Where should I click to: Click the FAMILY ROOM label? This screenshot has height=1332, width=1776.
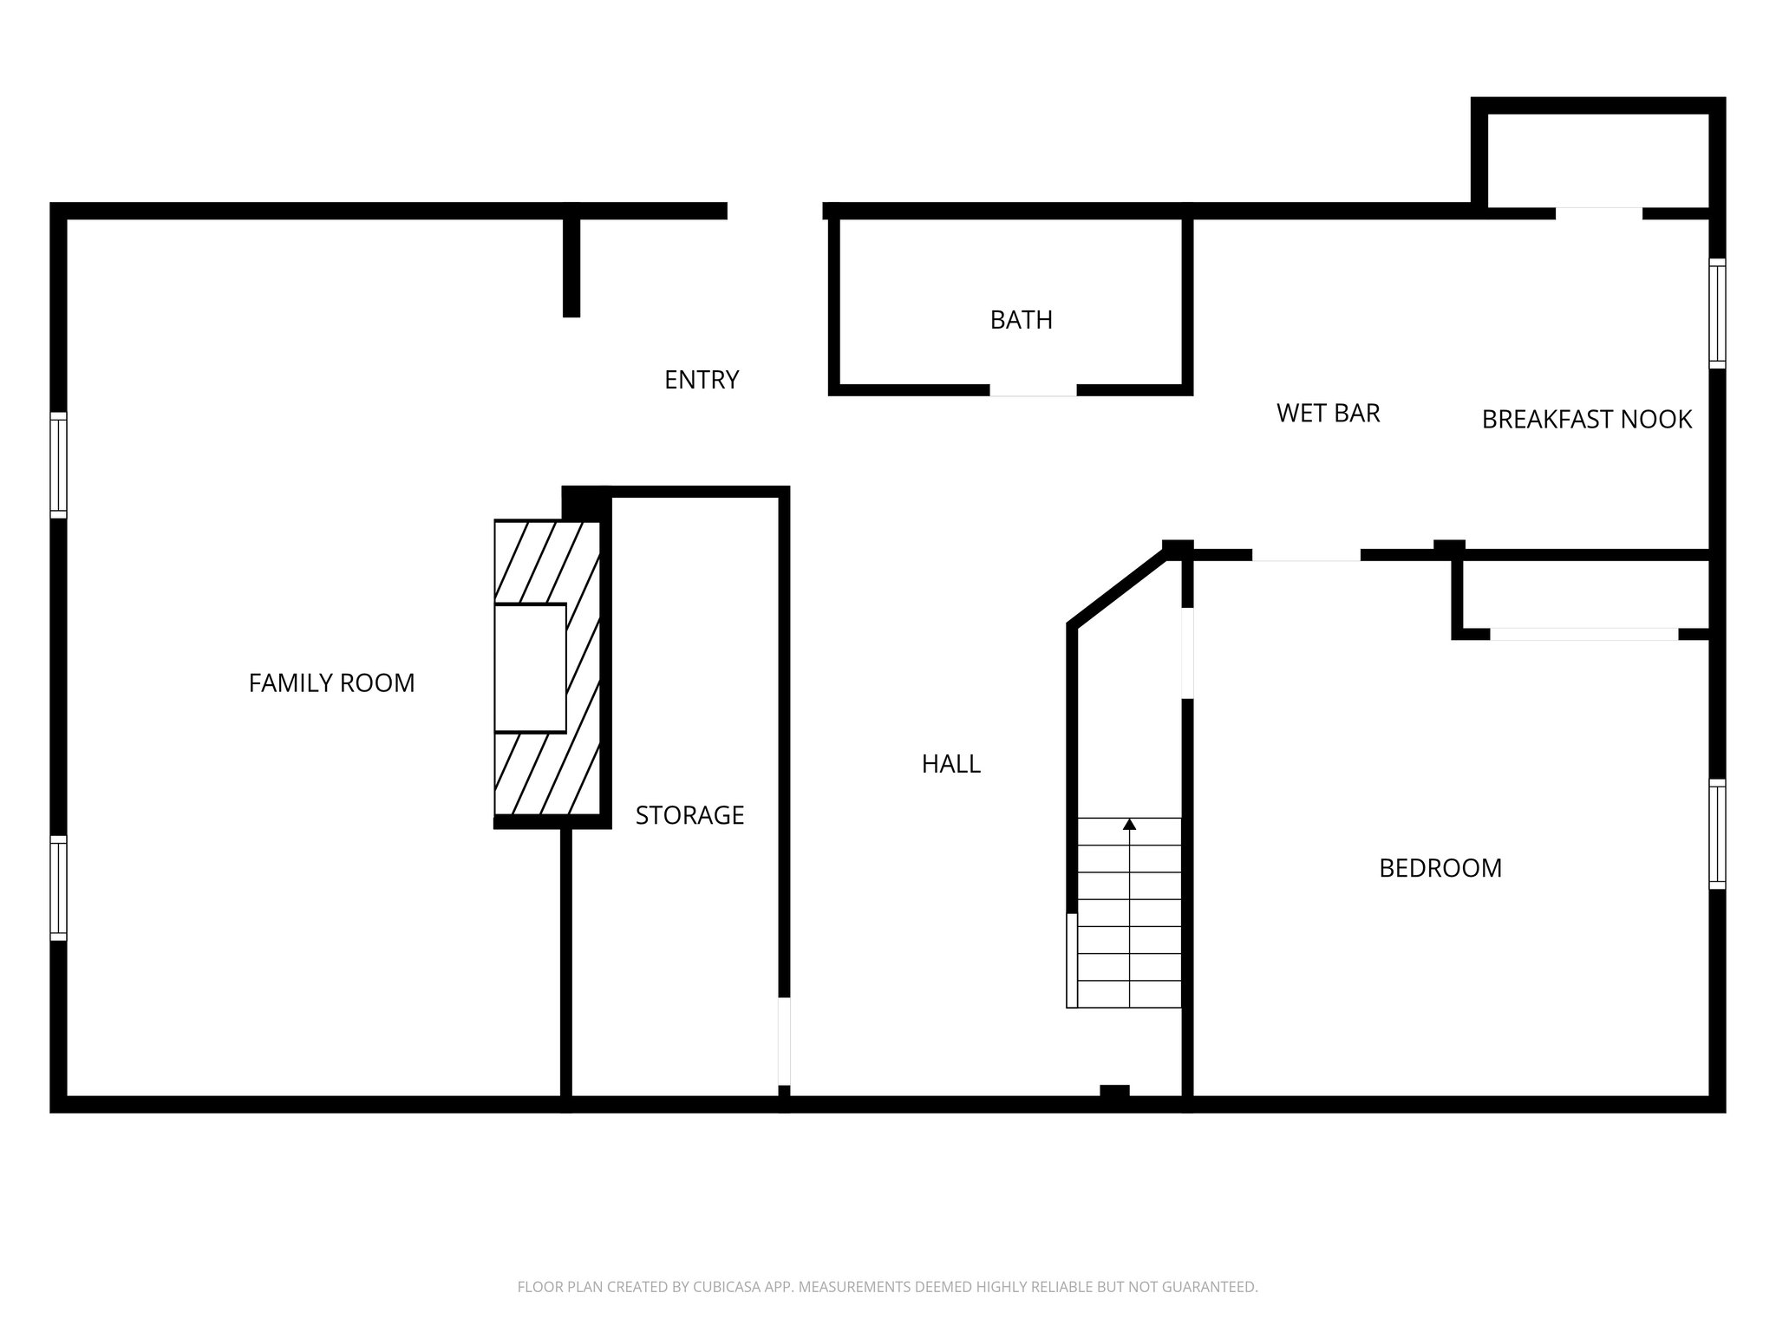point(331,683)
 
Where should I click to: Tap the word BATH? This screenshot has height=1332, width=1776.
point(1021,320)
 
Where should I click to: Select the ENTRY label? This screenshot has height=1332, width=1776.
point(701,380)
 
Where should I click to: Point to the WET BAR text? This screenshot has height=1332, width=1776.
point(1328,413)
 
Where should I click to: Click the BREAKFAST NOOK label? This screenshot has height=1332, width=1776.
point(1586,420)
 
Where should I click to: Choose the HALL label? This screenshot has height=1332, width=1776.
point(950,764)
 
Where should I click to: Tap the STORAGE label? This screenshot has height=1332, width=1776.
point(689,815)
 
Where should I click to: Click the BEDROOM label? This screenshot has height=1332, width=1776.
point(1440,868)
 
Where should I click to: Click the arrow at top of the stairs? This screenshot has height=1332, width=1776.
point(1129,825)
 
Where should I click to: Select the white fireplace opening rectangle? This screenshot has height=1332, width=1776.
point(530,668)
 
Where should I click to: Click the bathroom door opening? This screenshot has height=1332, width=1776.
point(1033,390)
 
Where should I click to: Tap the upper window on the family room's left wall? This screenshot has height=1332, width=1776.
point(58,465)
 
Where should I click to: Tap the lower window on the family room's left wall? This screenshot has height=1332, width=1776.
point(58,888)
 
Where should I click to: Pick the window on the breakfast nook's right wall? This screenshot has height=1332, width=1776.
point(1716,313)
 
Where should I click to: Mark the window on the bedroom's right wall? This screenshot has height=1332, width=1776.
point(1716,834)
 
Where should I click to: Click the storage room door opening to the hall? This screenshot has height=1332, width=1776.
point(784,1041)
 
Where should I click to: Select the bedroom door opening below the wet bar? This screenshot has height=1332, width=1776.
point(1305,555)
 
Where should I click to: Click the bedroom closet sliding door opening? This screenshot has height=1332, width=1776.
point(1583,634)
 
